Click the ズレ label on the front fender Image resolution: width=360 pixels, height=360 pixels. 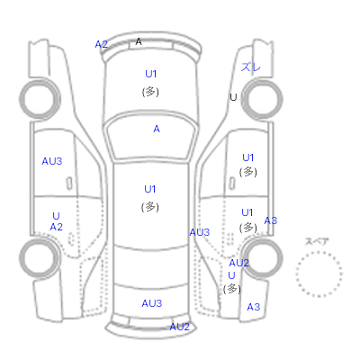[x=251, y=67]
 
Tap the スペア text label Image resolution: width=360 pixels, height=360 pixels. [x=317, y=241]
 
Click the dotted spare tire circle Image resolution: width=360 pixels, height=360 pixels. [x=319, y=274]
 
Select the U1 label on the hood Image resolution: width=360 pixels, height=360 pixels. [x=151, y=74]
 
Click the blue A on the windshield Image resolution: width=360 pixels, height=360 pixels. [x=157, y=129]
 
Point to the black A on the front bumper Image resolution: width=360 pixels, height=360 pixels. [x=139, y=41]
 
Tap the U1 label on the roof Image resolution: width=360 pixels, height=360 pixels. [x=150, y=189]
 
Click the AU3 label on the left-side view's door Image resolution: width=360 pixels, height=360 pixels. [x=52, y=161]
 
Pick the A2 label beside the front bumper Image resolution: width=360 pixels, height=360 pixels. [x=101, y=44]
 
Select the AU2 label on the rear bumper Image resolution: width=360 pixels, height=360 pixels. [x=180, y=327]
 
